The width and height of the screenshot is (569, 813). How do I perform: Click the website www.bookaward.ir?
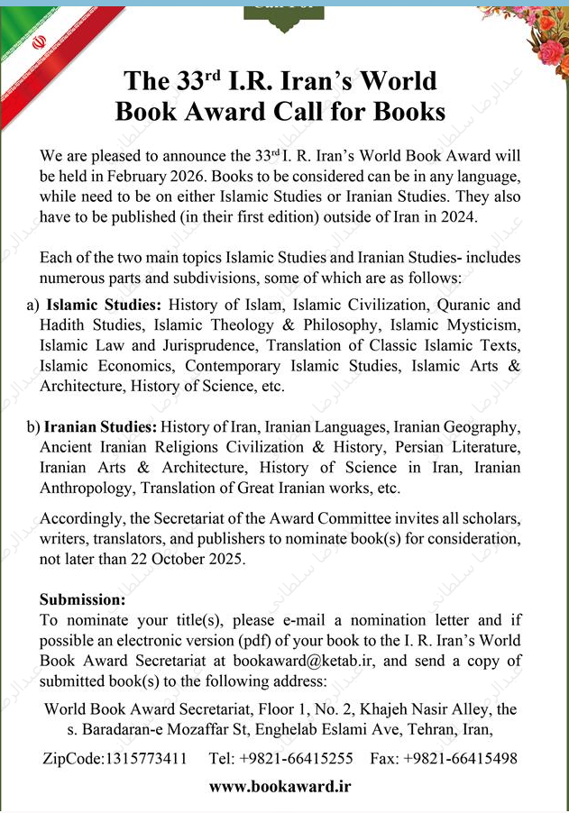tap(279, 786)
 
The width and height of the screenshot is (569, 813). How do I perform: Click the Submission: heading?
tap(82, 600)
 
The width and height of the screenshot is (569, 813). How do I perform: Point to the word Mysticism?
tap(474, 325)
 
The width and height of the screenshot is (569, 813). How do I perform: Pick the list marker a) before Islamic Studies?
tap(32, 306)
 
